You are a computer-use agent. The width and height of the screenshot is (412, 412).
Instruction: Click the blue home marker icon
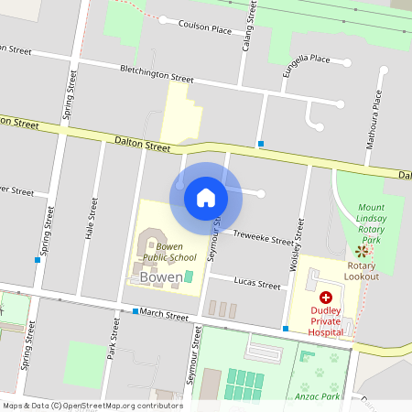coord(206,197)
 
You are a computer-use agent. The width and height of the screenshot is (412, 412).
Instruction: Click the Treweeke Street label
coord(263,239)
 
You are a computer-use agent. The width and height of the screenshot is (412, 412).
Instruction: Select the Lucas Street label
coord(257,285)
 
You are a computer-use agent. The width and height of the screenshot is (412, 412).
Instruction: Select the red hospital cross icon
coord(326,298)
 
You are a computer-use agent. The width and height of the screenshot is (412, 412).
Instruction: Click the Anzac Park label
coord(319,396)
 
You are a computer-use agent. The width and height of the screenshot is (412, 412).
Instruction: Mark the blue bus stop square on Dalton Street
coord(261,144)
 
